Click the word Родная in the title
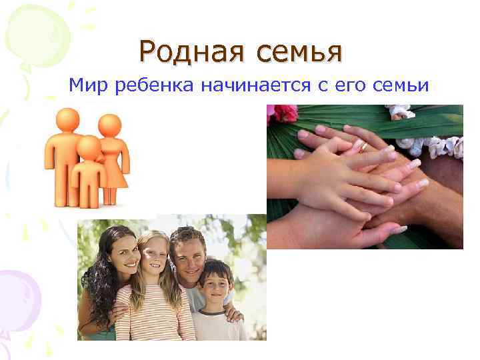[185, 51]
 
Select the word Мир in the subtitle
[87, 85]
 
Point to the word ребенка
[149, 85]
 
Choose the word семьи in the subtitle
[401, 85]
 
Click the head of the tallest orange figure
[67, 120]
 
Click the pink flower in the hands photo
[285, 113]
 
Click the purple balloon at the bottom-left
[17, 293]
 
